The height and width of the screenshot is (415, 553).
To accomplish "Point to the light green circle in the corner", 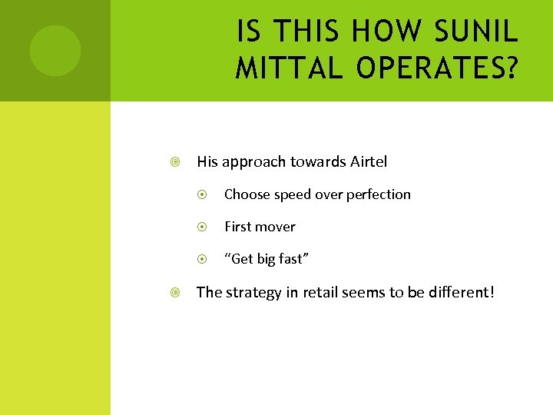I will (55, 51).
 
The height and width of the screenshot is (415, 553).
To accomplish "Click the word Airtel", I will (369, 161).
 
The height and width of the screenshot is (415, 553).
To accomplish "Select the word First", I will (238, 227).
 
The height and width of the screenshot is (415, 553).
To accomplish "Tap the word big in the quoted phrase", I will (266, 260).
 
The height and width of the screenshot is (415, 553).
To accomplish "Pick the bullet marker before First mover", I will (204, 227).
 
